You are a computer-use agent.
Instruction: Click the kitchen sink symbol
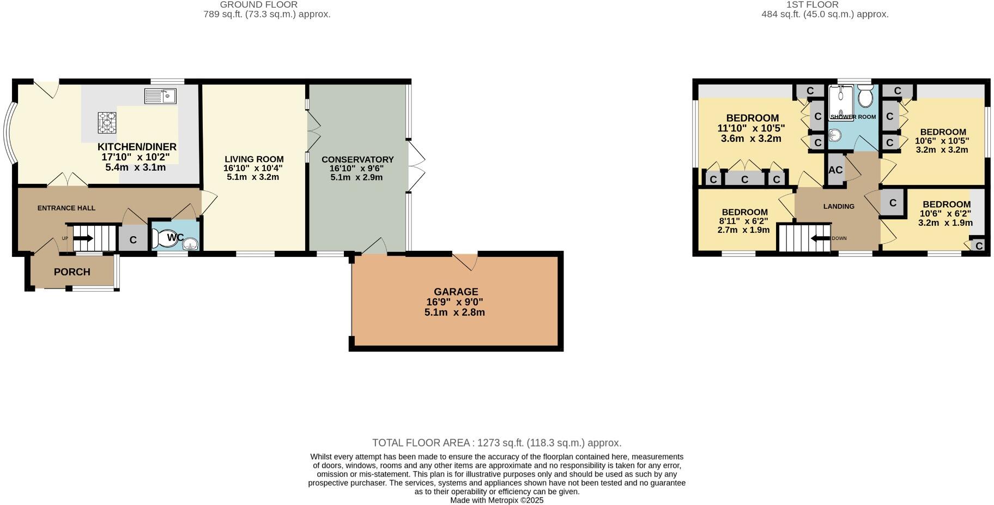point(160,97)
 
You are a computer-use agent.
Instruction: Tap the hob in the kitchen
point(107,123)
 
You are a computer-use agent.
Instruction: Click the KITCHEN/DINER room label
point(137,147)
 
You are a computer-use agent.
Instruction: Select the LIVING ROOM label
point(254,159)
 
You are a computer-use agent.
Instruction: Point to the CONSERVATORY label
point(357,160)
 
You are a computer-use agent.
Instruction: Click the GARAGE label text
point(456,292)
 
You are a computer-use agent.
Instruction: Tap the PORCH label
point(72,272)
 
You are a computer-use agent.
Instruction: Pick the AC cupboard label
point(835,170)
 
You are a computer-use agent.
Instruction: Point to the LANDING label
point(839,206)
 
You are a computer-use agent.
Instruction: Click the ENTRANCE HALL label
point(66,208)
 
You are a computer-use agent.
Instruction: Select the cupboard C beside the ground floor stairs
point(133,240)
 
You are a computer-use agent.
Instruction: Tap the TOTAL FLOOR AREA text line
point(496,443)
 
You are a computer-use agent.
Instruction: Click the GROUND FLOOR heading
point(259,5)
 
